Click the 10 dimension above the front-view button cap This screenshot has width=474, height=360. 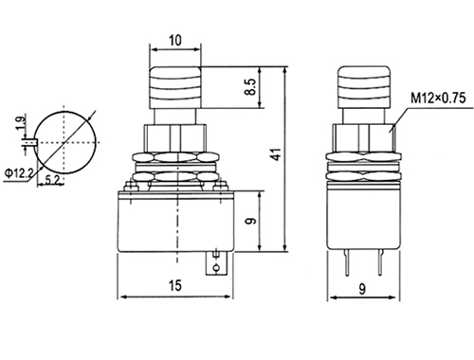(175, 41)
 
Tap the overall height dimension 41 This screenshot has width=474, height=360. (276, 154)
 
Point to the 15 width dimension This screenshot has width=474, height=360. (175, 285)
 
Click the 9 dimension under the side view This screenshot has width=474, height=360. (362, 289)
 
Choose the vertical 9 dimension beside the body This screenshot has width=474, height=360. (250, 221)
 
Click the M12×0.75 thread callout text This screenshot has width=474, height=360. (438, 98)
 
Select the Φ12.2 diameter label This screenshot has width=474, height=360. (19, 172)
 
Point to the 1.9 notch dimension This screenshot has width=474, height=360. (20, 123)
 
